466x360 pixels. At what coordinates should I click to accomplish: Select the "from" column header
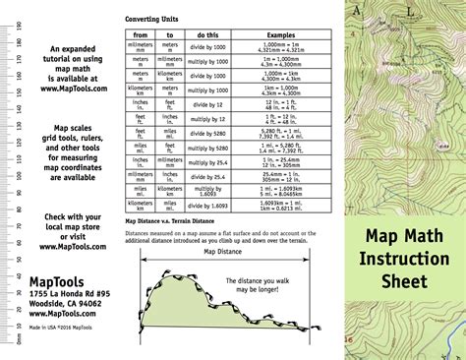(140, 34)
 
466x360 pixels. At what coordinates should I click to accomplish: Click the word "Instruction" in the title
(405, 259)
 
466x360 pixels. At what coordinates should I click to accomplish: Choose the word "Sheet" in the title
(405, 282)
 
